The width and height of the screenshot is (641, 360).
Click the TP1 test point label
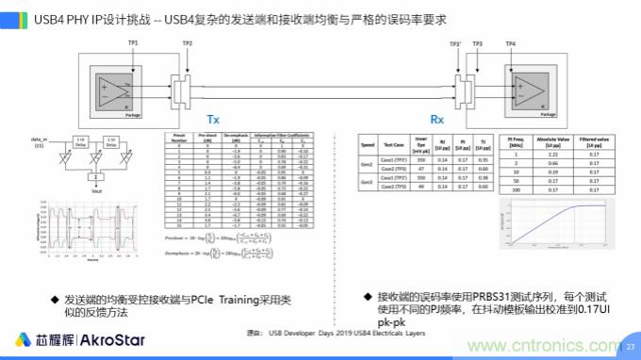(133, 44)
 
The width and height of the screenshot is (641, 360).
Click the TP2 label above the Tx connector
(188, 44)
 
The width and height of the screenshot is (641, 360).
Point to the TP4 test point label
(510, 44)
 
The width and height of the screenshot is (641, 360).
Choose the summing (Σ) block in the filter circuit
(94, 175)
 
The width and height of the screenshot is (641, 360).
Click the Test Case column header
(399, 146)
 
